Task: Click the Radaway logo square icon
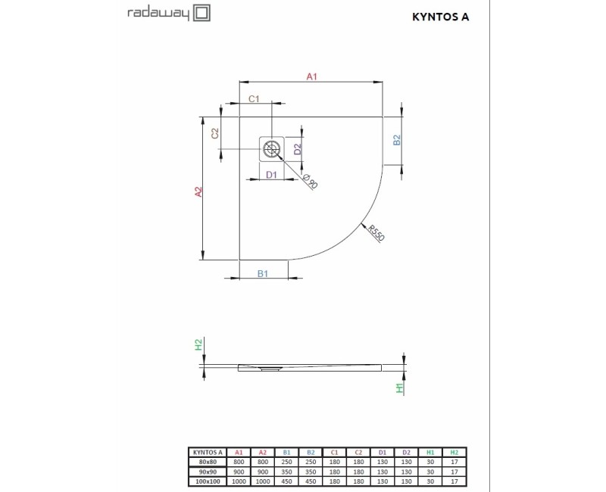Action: (201, 13)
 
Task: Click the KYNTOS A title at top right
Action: (441, 17)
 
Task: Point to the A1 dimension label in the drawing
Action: (311, 76)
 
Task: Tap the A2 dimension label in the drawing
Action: (198, 192)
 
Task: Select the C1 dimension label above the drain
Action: (254, 99)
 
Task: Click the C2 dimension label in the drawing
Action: (215, 133)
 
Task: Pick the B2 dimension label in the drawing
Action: (396, 140)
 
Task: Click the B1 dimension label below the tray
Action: (263, 273)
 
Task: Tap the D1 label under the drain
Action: (272, 175)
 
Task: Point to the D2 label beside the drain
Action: (298, 148)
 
